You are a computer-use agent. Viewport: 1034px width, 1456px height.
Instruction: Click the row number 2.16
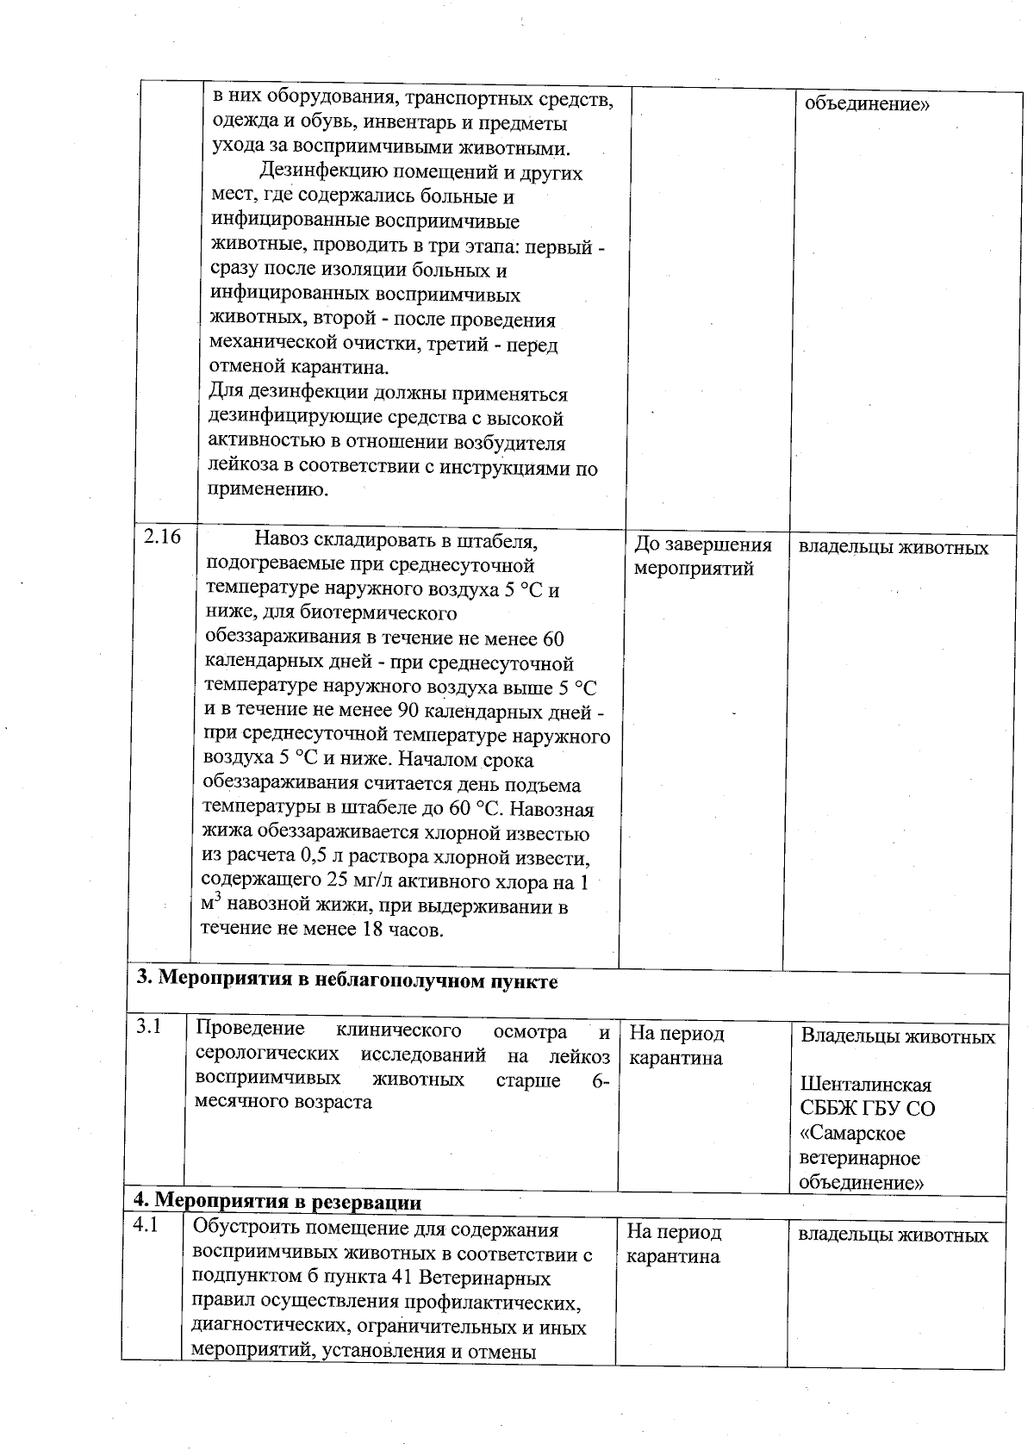tap(162, 537)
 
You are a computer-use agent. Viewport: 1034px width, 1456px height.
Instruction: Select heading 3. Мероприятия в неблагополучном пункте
tap(347, 981)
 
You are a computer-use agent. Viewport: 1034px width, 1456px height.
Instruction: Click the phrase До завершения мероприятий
tap(702, 557)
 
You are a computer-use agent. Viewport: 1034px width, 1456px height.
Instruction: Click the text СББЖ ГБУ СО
tap(867, 1108)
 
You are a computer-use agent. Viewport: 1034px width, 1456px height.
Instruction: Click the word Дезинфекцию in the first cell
tap(317, 172)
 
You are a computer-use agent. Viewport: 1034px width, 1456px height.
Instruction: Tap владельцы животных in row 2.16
tap(893, 547)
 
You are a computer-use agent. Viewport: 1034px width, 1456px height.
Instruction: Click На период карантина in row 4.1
tap(673, 1245)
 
